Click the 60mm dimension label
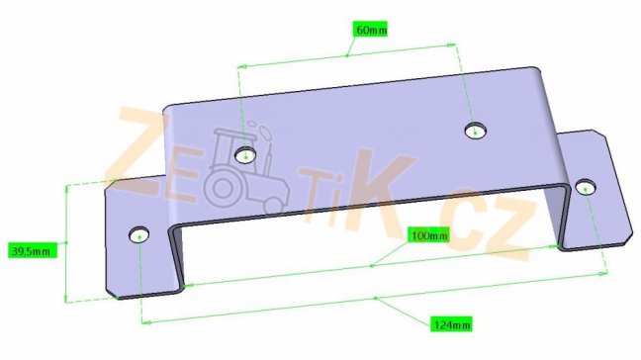(x=370, y=30)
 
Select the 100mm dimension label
(x=429, y=235)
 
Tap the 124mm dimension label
(x=452, y=324)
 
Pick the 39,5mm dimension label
(x=32, y=250)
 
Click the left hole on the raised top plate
(x=245, y=155)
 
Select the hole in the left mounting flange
(x=139, y=235)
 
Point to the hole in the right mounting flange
(x=586, y=188)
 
